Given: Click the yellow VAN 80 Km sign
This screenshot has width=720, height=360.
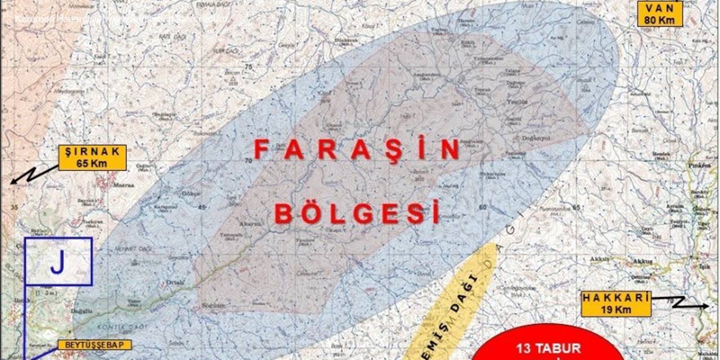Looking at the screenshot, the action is point(660,13).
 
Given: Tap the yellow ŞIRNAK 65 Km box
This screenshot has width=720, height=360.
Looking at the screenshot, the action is point(92,157).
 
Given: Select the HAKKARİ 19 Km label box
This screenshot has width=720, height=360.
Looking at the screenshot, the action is point(616,304).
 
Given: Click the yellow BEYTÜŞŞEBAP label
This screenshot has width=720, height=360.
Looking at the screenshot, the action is point(94,344).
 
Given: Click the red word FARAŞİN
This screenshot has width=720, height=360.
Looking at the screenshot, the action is point(357,150).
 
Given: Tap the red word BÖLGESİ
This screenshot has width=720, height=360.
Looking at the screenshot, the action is point(357,214).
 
